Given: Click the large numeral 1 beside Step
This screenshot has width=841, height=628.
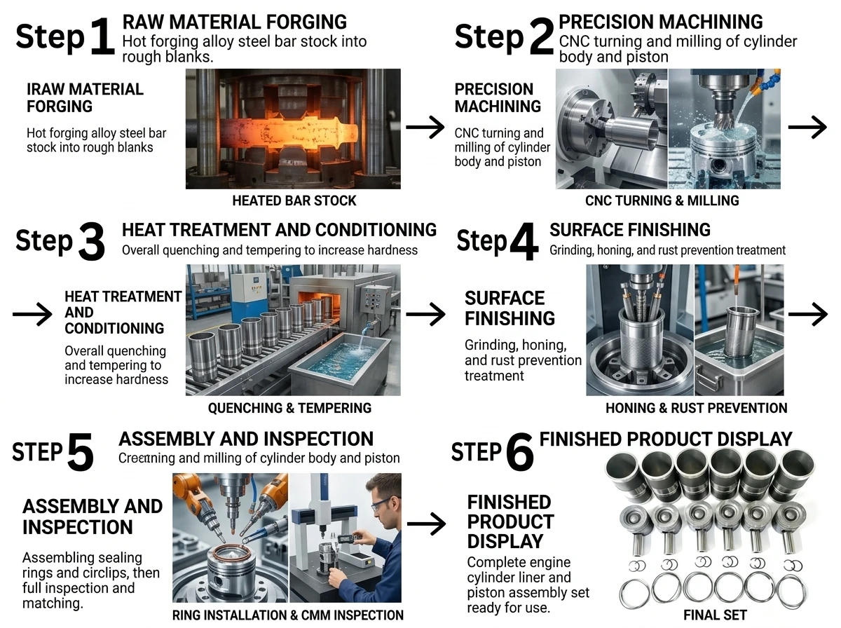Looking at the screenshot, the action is coord(102,37).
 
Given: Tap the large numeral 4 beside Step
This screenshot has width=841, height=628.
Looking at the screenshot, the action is coord(524,241).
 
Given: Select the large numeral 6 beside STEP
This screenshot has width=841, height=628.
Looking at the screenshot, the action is coord(519,452).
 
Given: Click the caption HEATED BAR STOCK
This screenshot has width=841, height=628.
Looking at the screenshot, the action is coord(294,200).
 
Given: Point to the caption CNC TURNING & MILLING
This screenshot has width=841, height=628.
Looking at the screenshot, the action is coord(662,200).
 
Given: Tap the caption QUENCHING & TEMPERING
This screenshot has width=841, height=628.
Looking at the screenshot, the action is coord(289,408).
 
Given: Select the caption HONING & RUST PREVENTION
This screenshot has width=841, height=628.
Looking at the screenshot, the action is coord(696,408).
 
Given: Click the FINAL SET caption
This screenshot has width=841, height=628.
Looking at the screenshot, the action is coord(715,615).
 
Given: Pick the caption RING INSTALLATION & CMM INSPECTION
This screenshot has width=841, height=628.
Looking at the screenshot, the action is coord(288,615).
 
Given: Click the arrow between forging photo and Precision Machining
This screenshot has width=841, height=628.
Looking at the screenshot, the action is coord(425,127).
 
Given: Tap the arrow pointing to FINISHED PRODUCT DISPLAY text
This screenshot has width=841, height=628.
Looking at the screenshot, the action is coord(426,524).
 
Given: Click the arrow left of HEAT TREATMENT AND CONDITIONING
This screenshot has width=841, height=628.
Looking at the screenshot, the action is coord(32,314).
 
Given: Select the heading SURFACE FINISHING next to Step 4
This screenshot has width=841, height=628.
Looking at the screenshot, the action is coord(630,230).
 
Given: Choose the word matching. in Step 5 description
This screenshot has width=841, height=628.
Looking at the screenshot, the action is coord(53,603).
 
